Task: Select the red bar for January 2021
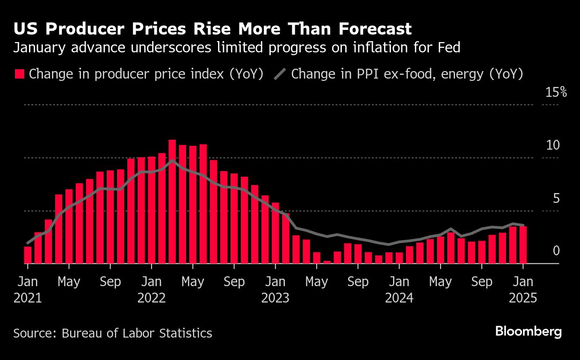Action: click(28, 255)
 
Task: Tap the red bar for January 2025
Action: click(523, 245)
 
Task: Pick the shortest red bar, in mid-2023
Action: click(327, 262)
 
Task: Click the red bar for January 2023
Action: click(275, 233)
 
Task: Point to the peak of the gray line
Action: click(172, 161)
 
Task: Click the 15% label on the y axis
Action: click(556, 92)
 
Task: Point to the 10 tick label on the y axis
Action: click(553, 145)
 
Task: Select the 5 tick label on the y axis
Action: click(556, 199)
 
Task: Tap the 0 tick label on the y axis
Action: click(556, 252)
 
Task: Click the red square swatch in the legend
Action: click(19, 74)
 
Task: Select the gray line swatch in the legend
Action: click(280, 74)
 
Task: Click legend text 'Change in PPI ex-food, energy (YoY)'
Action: click(406, 74)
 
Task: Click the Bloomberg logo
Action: click(528, 332)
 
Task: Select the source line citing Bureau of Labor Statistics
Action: click(113, 333)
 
